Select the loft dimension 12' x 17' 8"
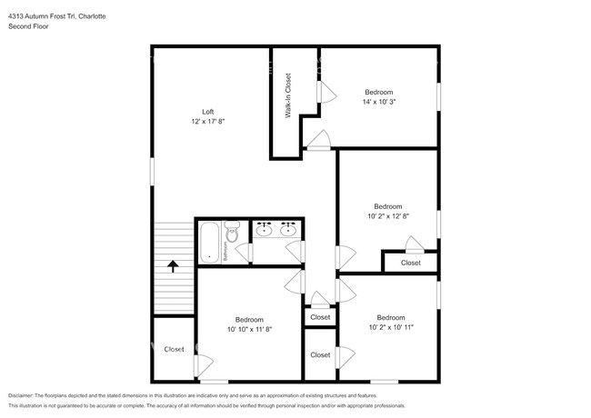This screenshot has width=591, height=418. click(x=207, y=121)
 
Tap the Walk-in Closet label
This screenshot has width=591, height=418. click(x=287, y=96)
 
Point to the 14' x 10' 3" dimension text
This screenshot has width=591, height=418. click(x=379, y=102)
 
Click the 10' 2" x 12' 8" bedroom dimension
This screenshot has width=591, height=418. click(x=387, y=216)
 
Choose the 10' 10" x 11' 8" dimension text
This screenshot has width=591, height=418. click(x=249, y=329)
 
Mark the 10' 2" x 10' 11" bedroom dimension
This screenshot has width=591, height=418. click(x=391, y=327)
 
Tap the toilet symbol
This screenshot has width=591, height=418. click(x=232, y=234)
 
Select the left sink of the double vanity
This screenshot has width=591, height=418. click(x=265, y=231)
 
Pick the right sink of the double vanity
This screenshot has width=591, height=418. click(x=289, y=231)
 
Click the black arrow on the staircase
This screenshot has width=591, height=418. click(x=173, y=265)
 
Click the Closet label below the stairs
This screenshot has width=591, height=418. click(x=174, y=349)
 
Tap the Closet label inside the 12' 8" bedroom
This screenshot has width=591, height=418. click(x=411, y=263)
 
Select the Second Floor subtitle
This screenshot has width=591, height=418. click(x=28, y=26)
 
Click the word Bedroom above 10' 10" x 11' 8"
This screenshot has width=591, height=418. click(x=249, y=319)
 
